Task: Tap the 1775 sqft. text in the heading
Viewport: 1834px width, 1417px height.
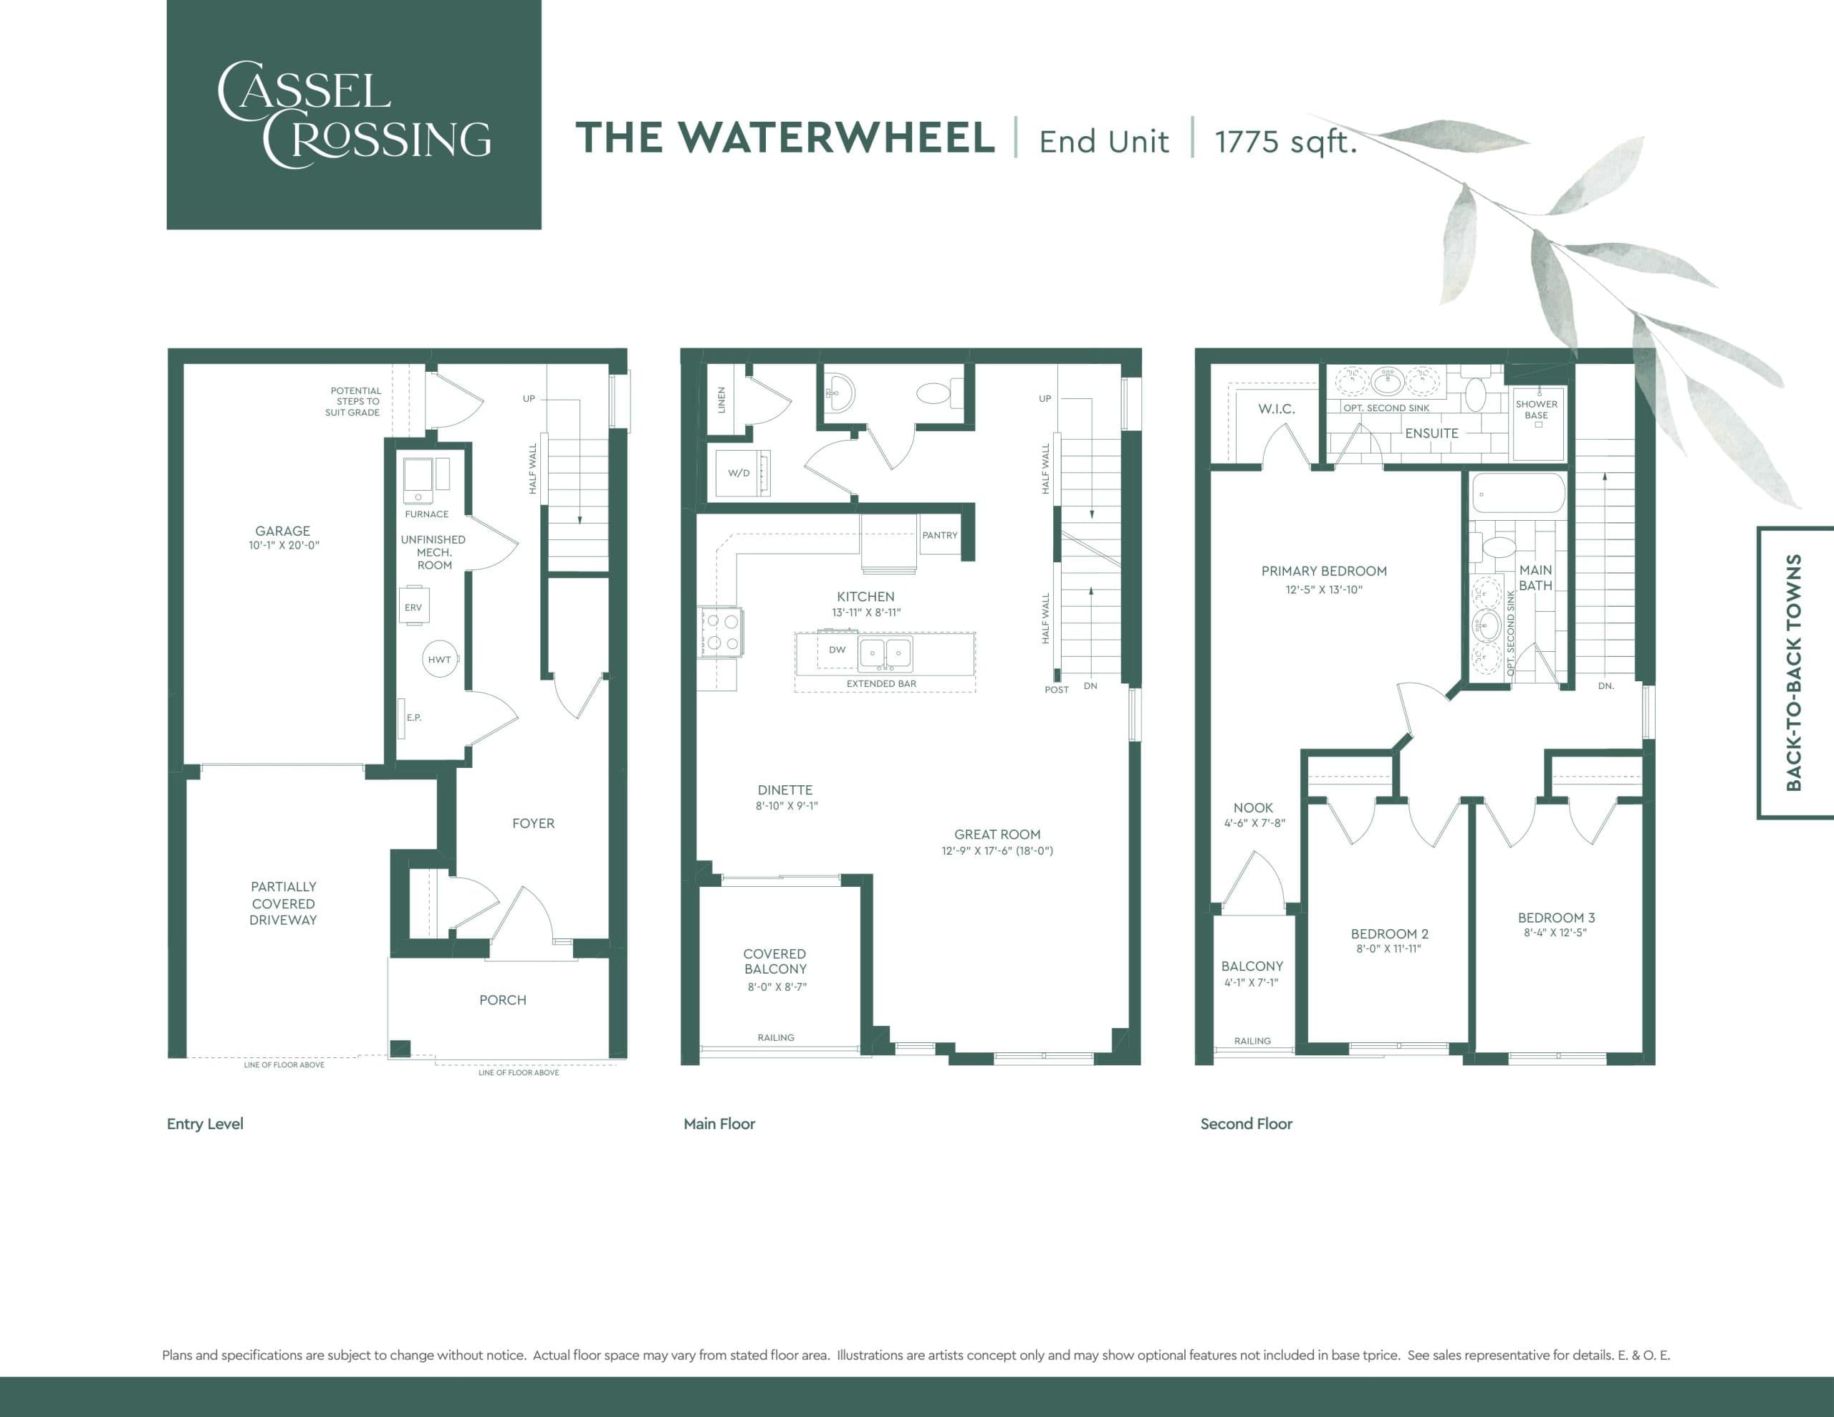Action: [1285, 141]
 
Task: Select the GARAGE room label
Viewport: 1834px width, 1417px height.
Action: [282, 531]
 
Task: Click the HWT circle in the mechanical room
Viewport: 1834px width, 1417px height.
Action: [439, 659]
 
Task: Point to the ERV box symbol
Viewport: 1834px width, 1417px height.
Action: [413, 607]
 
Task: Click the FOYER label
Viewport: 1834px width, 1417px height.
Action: [533, 823]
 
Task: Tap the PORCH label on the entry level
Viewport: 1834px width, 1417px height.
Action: [502, 999]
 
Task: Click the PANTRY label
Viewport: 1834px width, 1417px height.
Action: [940, 535]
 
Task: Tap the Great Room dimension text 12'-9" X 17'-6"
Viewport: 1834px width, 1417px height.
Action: [997, 850]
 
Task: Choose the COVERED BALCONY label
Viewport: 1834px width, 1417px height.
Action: [774, 961]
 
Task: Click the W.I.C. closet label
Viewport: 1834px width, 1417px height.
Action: [1276, 409]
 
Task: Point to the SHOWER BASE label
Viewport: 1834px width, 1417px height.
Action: [1536, 410]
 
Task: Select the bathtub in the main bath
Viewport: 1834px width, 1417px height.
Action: [1517, 494]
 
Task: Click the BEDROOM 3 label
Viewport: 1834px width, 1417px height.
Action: [1556, 917]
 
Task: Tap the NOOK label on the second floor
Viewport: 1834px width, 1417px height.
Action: [1253, 807]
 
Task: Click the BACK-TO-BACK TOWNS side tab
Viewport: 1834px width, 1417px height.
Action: [1794, 672]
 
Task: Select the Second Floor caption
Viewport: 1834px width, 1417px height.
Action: [1245, 1124]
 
